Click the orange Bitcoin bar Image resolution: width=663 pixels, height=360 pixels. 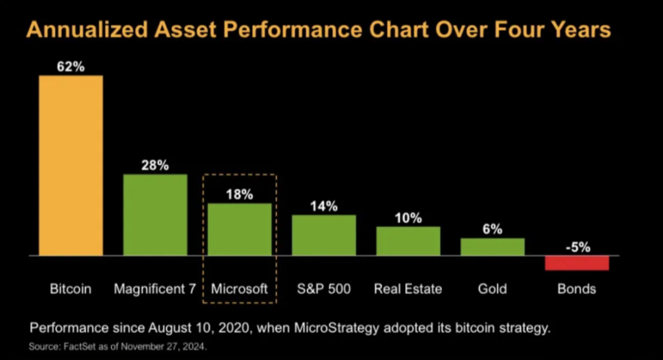(x=71, y=165)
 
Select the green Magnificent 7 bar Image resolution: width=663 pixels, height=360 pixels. (x=155, y=215)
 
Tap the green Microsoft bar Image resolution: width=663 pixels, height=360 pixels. (x=239, y=229)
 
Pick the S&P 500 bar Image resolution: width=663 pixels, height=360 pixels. (x=324, y=235)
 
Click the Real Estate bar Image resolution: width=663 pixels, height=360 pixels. (x=408, y=241)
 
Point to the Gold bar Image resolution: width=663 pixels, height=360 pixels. (x=492, y=247)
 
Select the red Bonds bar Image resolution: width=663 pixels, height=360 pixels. (x=576, y=263)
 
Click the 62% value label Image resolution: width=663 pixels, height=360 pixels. (x=71, y=67)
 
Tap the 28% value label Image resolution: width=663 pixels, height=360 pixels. (x=155, y=166)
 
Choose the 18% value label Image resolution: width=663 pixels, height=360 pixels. (x=239, y=194)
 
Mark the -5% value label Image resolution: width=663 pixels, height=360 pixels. (x=576, y=247)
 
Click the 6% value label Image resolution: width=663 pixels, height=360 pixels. (x=492, y=230)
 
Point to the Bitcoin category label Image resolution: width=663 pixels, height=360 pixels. (x=71, y=289)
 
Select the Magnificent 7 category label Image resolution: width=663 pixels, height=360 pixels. (x=155, y=289)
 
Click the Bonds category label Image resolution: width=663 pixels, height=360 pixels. (x=576, y=289)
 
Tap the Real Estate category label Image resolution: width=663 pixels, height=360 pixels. (x=408, y=289)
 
